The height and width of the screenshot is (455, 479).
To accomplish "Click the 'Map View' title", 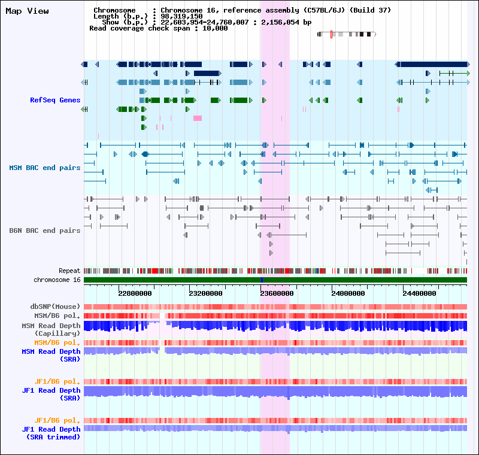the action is (27, 11).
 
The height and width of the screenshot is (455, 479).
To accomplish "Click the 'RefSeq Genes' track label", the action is (55, 100).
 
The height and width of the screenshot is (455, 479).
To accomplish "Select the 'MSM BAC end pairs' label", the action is (44, 168).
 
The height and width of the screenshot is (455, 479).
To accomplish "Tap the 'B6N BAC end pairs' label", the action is (44, 230).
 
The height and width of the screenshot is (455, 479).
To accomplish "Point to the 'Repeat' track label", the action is (69, 271).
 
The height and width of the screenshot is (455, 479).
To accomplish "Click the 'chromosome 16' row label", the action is (57, 280).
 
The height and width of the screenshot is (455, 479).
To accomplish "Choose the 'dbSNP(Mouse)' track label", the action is (55, 307).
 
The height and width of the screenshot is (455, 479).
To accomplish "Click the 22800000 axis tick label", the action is (135, 293).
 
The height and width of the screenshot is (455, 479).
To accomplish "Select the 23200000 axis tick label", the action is (205, 293).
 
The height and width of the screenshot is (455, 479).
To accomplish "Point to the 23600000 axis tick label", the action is (277, 293).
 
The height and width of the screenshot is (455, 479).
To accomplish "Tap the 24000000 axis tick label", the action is (348, 293).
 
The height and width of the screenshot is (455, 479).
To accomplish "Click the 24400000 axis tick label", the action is (419, 293).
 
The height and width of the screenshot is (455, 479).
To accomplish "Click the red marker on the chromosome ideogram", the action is (332, 35).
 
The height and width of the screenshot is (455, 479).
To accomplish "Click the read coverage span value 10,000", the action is (215, 28).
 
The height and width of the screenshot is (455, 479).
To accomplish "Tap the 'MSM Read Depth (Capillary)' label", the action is (51, 329).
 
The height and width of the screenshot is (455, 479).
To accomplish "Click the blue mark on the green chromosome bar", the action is (262, 280).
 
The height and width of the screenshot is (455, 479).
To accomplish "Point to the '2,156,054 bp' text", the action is (286, 22).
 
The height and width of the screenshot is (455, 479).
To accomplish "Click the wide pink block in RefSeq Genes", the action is (198, 118).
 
